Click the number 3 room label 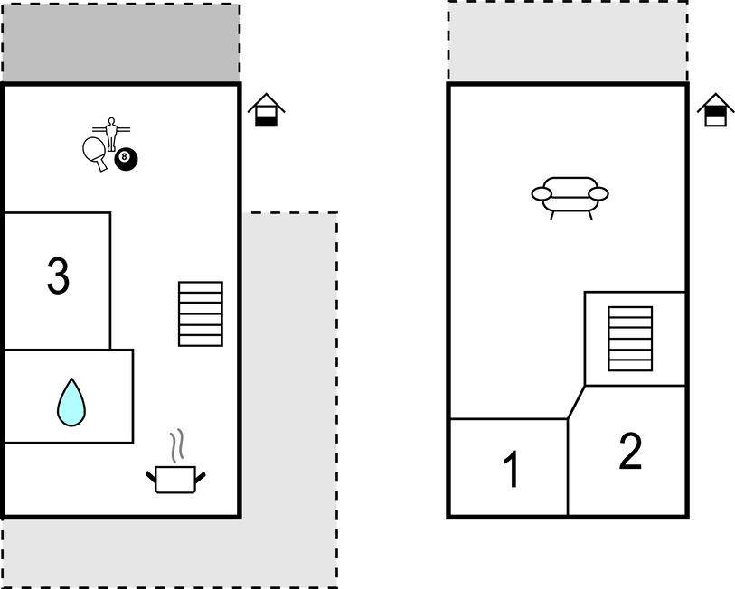tap(58, 276)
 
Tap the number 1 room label tap(511, 470)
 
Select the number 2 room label tap(630, 451)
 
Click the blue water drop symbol tap(71, 402)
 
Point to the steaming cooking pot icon tap(175, 478)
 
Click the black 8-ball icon tap(127, 160)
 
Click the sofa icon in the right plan tap(570, 195)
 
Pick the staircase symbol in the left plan tap(201, 313)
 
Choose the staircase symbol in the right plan tap(630, 339)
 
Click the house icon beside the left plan tap(266, 110)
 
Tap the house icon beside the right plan tap(715, 110)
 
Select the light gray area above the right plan tap(567, 42)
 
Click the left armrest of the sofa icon tap(542, 193)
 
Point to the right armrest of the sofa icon tap(598, 193)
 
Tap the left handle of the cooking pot tap(151, 474)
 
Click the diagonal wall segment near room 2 tap(577, 402)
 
